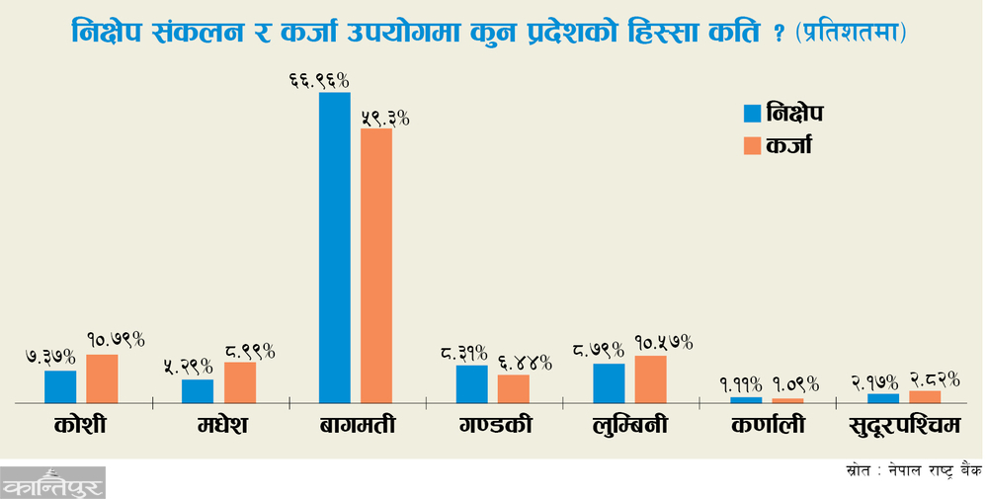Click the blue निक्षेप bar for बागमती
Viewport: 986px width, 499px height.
(334, 247)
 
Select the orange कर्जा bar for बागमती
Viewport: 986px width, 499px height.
(376, 265)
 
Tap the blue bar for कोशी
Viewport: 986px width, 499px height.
(60, 386)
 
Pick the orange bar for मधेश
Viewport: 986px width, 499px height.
(240, 382)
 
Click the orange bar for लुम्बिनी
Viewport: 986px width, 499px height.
(651, 378)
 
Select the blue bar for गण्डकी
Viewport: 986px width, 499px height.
(471, 383)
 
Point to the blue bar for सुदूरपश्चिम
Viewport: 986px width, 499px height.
(883, 398)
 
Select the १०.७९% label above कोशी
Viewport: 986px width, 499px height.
(116, 340)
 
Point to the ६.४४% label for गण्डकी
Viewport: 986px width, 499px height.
(515, 363)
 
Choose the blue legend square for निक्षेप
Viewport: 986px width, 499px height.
(753, 113)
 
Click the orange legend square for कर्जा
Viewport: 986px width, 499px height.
(753, 145)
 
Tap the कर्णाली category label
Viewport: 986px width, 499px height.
(768, 427)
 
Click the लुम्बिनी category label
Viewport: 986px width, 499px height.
(629, 427)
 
